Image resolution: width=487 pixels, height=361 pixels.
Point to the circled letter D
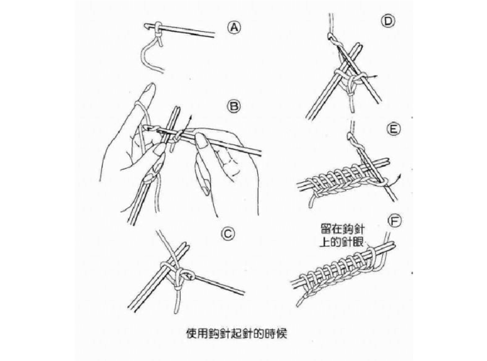(388, 22)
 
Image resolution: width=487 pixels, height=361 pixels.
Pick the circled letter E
(394, 130)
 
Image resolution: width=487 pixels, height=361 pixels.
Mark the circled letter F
(394, 219)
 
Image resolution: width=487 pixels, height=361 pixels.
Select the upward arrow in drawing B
(189, 119)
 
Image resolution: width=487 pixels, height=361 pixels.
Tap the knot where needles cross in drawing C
(181, 274)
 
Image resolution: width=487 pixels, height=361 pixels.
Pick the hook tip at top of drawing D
(330, 35)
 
